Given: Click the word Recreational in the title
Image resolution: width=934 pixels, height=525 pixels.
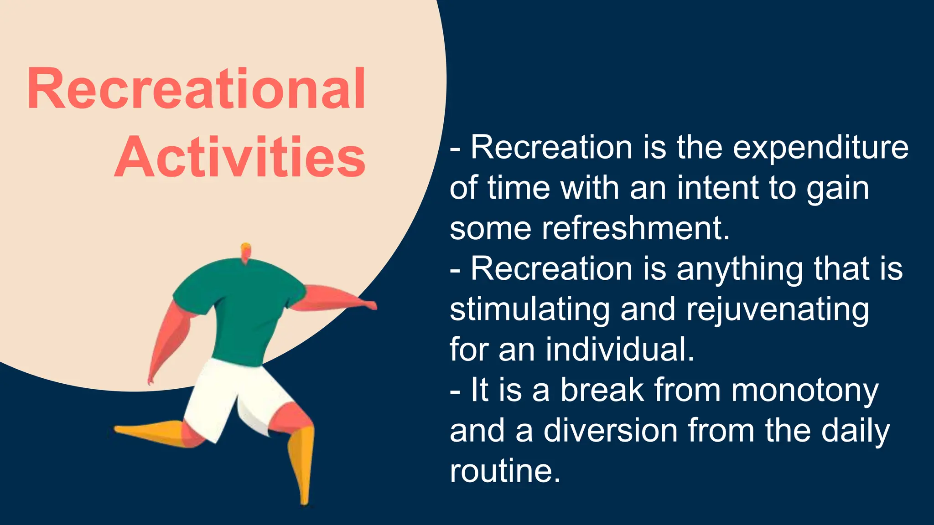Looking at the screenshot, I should click(197, 89).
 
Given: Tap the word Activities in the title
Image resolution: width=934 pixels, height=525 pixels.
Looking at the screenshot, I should click(240, 157).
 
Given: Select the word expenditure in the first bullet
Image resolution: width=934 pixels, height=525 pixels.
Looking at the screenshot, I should click(820, 149).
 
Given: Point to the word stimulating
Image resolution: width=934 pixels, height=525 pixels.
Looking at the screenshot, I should click(529, 310).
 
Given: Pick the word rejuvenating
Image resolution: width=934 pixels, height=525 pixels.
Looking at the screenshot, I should click(778, 310).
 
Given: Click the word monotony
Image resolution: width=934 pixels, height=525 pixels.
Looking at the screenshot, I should click(804, 391).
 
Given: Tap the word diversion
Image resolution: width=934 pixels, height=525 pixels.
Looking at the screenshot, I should click(610, 431).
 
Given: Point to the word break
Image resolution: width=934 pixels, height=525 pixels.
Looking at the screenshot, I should click(602, 391).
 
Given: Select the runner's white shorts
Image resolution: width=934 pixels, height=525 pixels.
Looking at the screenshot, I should click(228, 396).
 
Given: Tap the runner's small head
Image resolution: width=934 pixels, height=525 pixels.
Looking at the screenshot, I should click(246, 252).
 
